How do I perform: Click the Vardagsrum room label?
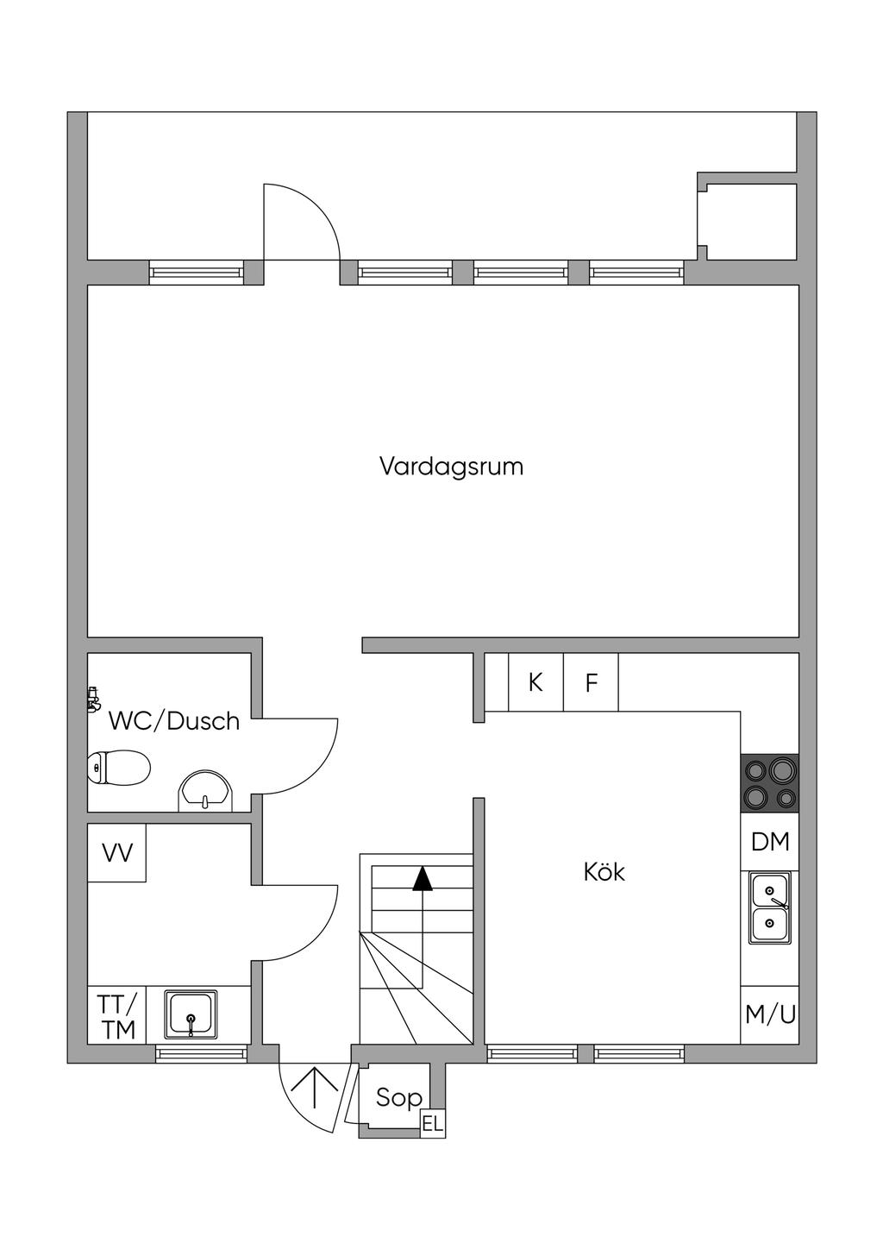point(451,467)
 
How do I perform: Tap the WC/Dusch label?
point(173,721)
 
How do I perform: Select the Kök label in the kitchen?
point(604,872)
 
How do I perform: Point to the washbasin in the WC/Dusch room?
point(205,792)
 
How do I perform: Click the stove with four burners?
point(769,783)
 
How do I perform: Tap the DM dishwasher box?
point(770,842)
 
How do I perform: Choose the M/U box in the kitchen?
point(770,1014)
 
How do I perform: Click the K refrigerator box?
point(535,682)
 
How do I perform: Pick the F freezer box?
point(592,683)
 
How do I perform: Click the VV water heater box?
point(117,853)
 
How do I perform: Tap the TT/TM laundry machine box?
point(116,1016)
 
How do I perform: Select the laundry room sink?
point(191,1014)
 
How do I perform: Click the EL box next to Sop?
point(432,1124)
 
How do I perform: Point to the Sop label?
point(398,1097)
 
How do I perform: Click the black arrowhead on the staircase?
point(422,878)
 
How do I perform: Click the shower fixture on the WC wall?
point(93,699)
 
